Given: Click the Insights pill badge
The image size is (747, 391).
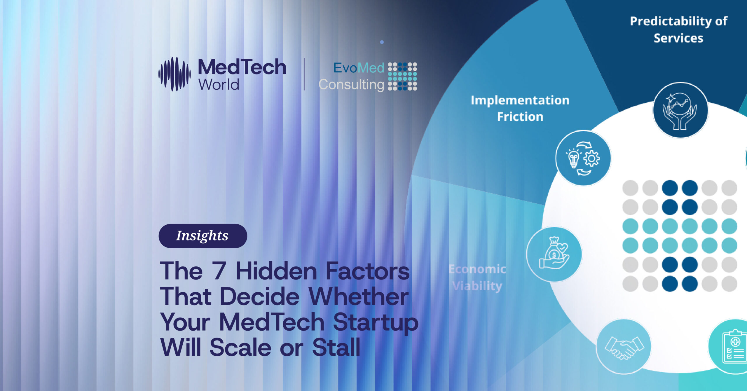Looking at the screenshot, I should click(203, 236).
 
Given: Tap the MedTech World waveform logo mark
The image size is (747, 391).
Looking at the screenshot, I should click(174, 74).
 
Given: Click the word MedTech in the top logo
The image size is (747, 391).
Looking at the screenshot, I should click(242, 67).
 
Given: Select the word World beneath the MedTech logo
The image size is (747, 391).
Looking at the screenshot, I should click(219, 85).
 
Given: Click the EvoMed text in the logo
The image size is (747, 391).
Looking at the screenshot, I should click(359, 68).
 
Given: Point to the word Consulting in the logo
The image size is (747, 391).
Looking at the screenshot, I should click(351, 85).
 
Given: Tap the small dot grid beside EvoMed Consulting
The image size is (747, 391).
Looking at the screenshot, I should click(402, 76).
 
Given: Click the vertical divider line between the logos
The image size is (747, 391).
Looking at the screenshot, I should click(304, 74).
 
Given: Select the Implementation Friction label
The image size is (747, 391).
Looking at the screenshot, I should click(520, 108).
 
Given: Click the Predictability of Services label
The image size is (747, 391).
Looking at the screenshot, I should click(678, 29).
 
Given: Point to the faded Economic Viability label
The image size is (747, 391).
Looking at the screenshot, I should click(477, 277).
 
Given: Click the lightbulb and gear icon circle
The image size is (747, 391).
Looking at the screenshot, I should click(583, 158).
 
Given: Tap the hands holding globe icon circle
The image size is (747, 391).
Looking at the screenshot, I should click(680, 110).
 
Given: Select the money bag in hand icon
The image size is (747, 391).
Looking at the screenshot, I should click(554, 254).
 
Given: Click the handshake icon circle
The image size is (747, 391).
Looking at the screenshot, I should click(624, 346).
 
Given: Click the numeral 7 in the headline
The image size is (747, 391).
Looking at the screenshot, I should click(219, 271).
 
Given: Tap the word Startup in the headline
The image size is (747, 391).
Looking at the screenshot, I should click(376, 322).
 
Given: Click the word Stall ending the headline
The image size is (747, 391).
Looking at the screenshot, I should click(336, 347).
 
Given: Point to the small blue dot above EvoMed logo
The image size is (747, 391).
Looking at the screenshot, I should click(382, 42).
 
